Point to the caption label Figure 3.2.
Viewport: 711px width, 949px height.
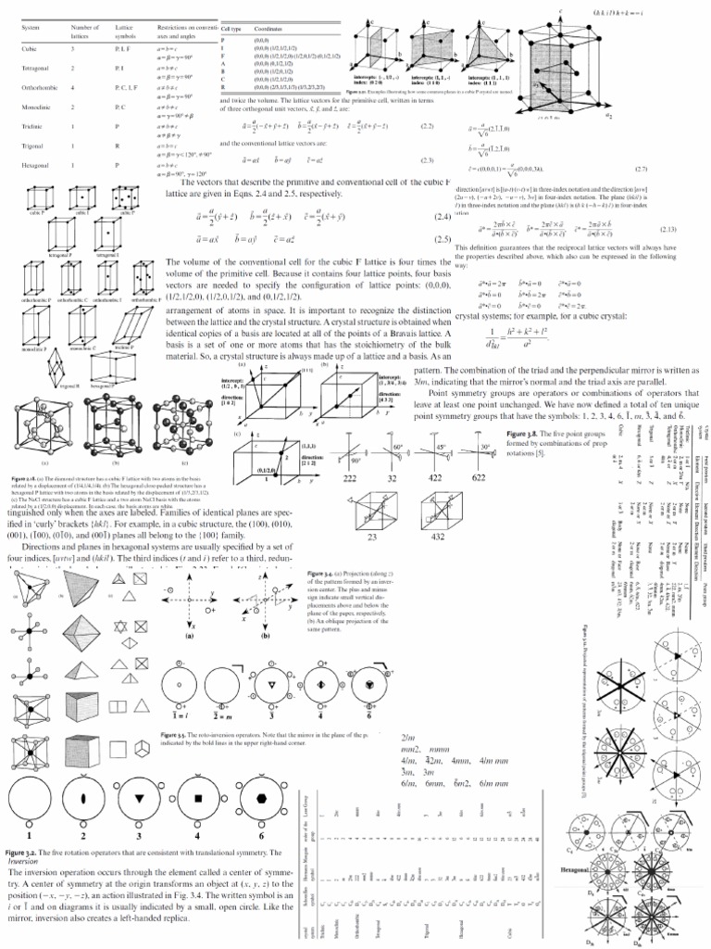click(28, 849)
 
